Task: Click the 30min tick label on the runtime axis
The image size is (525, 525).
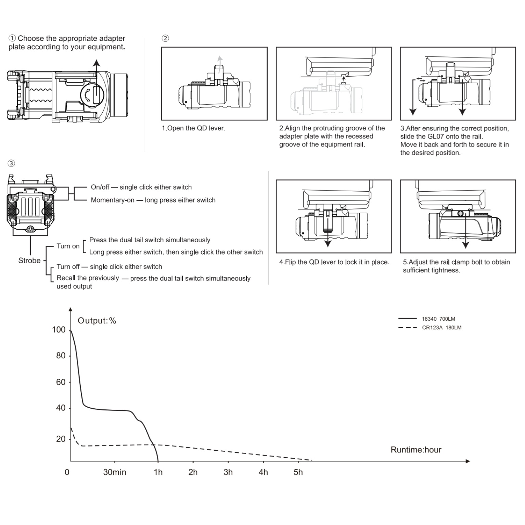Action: pos(115,472)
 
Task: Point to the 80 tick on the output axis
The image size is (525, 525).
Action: pos(61,356)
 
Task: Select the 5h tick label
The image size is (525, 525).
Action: pos(298,472)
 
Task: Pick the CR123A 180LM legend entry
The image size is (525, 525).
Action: pos(430,328)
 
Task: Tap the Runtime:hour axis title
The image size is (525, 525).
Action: pos(416,450)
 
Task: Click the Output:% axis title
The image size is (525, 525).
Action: pos(97,321)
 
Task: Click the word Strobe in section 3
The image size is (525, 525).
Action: pos(29,260)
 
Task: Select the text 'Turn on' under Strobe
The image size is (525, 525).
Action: pos(68,246)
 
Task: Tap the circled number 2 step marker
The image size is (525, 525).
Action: pos(165,38)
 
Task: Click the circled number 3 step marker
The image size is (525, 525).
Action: pos(11,163)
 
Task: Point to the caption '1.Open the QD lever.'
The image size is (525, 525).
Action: pos(193,128)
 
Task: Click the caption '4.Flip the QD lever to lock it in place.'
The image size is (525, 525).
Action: pos(334,262)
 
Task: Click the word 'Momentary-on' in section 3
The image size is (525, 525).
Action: pos(113,200)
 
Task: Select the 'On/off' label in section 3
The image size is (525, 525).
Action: pos(100,187)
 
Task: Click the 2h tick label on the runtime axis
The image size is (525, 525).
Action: pos(193,472)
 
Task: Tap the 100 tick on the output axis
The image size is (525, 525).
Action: pos(59,330)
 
